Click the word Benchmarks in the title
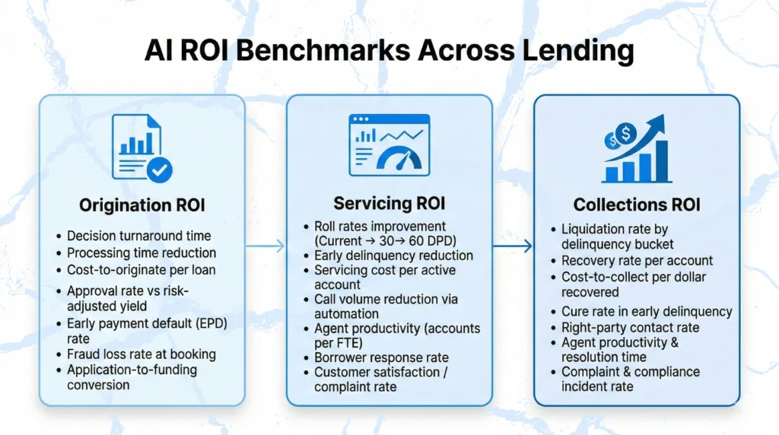[323, 50]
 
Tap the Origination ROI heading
[142, 205]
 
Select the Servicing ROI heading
[389, 203]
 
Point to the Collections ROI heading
[637, 205]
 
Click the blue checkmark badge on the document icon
[160, 170]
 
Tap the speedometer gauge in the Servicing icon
[399, 159]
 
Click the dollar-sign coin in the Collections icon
[625, 134]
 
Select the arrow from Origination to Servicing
[265, 246]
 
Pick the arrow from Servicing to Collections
[513, 246]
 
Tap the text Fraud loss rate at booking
[141, 354]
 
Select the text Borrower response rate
[382, 357]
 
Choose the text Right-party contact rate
[631, 327]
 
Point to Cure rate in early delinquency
[647, 311]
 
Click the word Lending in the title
[578, 51]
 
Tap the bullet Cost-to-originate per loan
[141, 270]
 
